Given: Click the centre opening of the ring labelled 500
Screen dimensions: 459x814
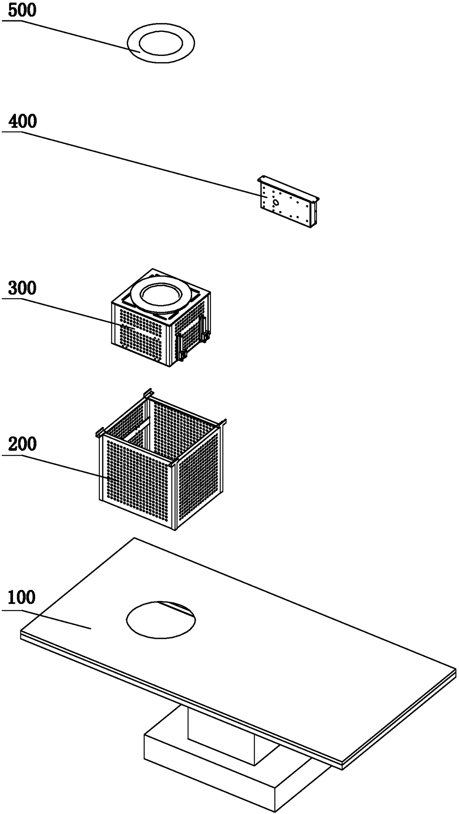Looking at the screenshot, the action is point(161,44).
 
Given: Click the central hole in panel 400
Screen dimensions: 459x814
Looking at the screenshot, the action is point(276,202).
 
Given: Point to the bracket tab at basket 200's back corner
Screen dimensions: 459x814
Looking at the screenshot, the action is point(148,393).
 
